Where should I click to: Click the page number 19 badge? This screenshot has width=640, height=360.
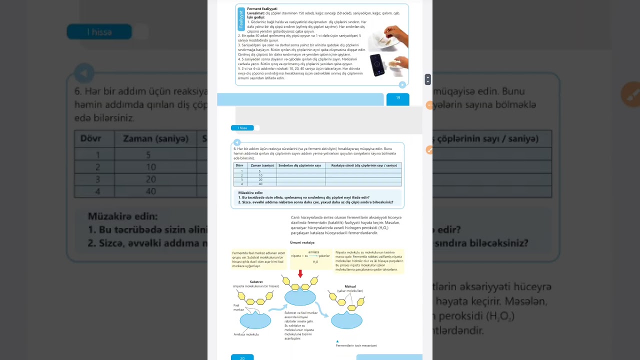[398, 98]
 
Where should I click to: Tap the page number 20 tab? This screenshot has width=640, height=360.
[242, 357]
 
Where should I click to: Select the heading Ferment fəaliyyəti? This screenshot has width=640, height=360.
[262, 9]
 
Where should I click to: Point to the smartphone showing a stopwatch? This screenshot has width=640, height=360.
[377, 65]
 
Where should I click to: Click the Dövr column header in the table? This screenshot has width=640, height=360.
[239, 165]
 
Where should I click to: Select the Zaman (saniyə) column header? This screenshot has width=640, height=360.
[262, 165]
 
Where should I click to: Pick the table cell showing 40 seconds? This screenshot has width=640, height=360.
[260, 184]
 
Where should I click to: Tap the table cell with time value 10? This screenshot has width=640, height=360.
[260, 175]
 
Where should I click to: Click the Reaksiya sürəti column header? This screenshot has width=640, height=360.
[363, 165]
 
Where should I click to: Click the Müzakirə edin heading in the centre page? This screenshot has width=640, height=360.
[250, 192]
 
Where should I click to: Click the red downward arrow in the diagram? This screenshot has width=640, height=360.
[300, 274]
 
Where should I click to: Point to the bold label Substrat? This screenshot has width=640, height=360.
[256, 282]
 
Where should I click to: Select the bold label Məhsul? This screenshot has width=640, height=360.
[350, 286]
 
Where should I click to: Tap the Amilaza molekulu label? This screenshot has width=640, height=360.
[246, 334]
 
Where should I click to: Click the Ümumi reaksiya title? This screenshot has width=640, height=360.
[302, 242]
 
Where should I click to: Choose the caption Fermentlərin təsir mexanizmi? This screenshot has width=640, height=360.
[356, 345]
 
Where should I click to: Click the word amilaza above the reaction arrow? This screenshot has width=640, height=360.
[313, 252]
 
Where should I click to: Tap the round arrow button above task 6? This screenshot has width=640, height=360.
[237, 142]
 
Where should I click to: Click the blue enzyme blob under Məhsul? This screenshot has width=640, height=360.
[346, 320]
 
